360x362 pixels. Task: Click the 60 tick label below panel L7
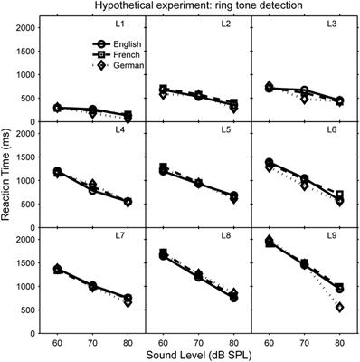59,342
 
